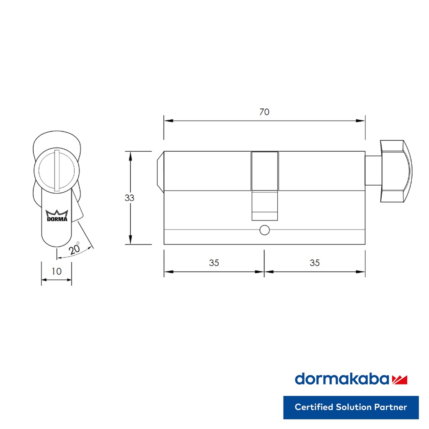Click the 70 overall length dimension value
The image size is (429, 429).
(264, 112)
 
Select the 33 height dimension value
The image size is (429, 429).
(129, 198)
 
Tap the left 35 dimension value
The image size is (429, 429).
(214, 263)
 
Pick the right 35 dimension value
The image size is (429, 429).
(315, 263)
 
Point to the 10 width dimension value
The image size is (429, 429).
(57, 271)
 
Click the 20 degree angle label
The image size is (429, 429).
(74, 249)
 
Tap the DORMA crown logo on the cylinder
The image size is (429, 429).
(57, 216)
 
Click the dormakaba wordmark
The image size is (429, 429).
(342, 379)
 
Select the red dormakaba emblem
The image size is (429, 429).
(399, 380)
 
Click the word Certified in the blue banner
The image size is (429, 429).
(314, 407)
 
